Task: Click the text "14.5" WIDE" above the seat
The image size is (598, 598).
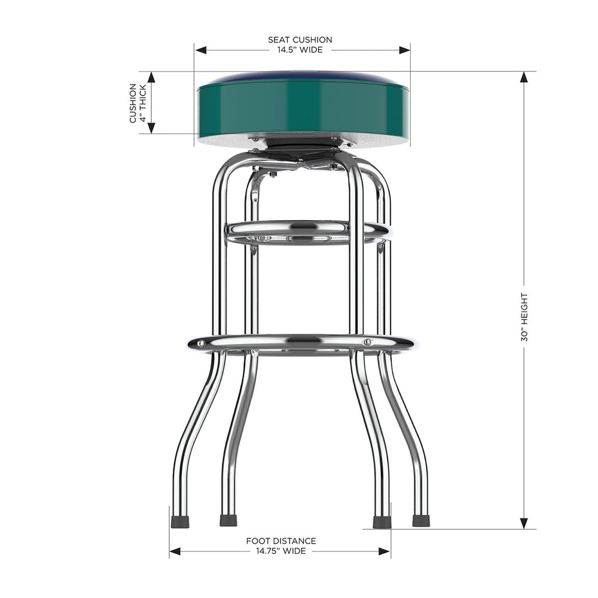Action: tap(300, 50)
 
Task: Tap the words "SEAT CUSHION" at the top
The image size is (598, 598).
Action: tap(300, 40)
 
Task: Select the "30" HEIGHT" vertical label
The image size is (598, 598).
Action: tap(524, 317)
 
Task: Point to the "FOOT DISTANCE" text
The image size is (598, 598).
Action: tap(281, 541)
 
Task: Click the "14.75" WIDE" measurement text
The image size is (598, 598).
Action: tap(281, 551)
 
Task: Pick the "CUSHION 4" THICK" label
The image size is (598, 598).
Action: tap(138, 103)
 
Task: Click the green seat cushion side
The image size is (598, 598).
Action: tap(302, 108)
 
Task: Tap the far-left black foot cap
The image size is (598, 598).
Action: tap(180, 521)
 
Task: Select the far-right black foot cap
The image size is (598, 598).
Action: tap(421, 521)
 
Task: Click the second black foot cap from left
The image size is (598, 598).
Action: tap(228, 521)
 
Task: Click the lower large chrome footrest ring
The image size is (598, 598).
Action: tap(302, 344)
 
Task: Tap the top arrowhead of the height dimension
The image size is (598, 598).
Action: tap(524, 77)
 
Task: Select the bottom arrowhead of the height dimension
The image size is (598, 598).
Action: tap(524, 523)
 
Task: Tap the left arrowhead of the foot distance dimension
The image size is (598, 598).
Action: tap(175, 551)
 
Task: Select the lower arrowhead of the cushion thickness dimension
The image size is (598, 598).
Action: tap(151, 127)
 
